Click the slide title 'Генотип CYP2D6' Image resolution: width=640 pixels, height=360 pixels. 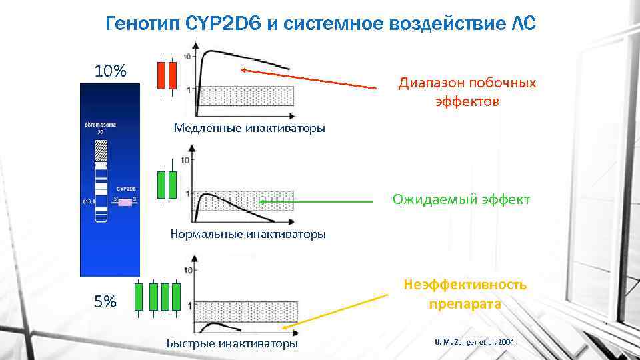tap(320, 24)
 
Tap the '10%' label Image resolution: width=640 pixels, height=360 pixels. tap(110, 71)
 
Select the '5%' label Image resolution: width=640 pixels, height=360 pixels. tap(105, 301)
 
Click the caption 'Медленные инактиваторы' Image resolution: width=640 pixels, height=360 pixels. tap(249, 128)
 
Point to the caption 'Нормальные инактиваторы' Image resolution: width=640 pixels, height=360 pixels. tap(248, 234)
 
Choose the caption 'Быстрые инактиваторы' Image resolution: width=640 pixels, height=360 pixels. tap(232, 344)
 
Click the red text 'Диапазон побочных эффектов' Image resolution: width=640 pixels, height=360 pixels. tap(467, 93)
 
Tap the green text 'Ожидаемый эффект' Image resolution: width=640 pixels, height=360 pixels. tap(461, 199)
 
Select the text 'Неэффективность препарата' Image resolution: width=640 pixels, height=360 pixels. tap(465, 294)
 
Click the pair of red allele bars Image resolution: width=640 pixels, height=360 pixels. tap(166, 75)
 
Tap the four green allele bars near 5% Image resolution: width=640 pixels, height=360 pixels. tap(157, 296)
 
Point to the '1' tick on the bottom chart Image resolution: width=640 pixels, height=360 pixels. tap(190, 305)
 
